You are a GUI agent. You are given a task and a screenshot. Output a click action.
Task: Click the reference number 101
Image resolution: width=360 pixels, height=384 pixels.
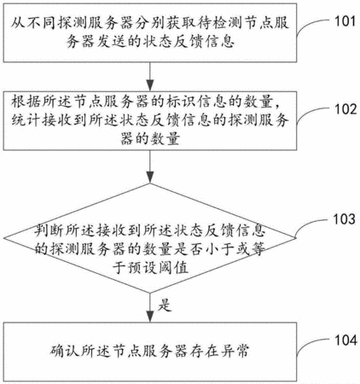click(x=345, y=21)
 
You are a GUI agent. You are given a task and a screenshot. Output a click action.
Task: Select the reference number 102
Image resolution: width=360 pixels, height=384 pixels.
click(x=345, y=109)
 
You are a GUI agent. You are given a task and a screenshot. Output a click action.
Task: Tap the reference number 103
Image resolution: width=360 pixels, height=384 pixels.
click(x=344, y=219)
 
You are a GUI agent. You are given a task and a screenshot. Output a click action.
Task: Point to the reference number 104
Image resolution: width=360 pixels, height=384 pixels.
click(x=345, y=340)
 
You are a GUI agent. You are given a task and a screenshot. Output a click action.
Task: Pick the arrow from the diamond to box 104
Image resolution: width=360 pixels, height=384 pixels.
click(x=150, y=307)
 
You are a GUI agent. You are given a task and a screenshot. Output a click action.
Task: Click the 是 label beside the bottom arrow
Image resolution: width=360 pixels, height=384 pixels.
click(x=165, y=305)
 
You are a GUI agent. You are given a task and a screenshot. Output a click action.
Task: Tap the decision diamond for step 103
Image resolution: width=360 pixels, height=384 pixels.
click(x=150, y=238)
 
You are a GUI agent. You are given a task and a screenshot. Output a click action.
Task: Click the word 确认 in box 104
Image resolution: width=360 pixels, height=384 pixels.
click(x=65, y=351)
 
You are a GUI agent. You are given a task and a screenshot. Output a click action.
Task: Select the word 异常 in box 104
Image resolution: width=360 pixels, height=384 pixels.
click(x=235, y=351)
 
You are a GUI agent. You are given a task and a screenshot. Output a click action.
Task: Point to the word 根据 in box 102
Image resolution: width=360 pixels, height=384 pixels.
click(x=26, y=102)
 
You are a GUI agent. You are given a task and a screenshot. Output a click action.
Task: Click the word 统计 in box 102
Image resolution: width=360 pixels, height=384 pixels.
click(x=26, y=120)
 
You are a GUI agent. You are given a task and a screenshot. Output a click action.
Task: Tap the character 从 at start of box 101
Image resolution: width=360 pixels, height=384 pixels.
click(x=18, y=23)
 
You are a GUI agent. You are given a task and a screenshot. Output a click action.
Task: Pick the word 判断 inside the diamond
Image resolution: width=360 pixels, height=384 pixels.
click(x=49, y=230)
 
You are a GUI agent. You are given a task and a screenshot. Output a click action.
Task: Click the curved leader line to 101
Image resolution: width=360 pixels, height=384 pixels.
click(x=313, y=25)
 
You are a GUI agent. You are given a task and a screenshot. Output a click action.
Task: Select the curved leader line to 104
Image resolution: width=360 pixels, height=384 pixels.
click(x=313, y=344)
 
